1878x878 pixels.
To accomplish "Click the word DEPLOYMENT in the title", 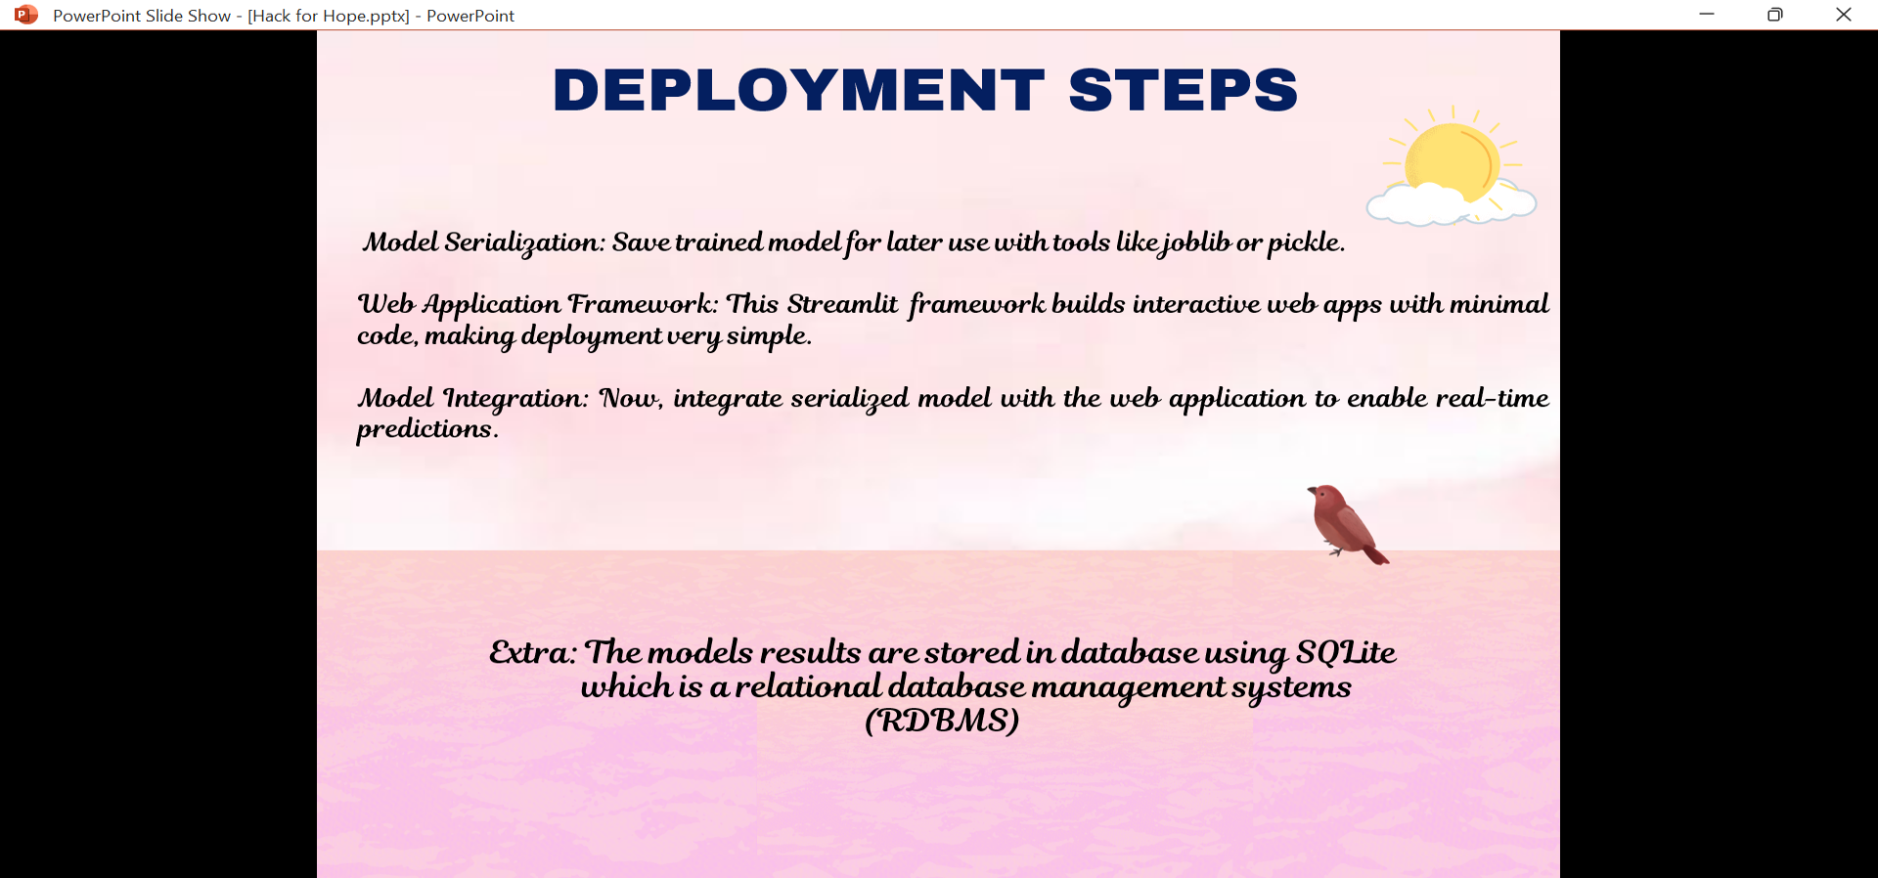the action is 799,90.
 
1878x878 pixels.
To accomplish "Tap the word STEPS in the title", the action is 1184,90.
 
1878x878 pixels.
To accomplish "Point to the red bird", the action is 1347,524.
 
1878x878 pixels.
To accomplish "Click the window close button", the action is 1844,15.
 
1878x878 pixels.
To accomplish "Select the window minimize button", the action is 1707,15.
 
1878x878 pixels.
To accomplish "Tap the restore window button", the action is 1775,15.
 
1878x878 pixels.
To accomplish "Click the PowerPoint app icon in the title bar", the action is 26,15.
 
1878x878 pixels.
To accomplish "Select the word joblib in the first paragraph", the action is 1194,243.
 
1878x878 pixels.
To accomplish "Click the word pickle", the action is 1306,243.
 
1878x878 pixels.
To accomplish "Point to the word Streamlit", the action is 842,304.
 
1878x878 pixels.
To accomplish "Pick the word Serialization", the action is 524,242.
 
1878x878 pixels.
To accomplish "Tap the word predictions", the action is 426,430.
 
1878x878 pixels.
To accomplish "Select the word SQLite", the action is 1346,652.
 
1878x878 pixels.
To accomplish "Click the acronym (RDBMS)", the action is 942,721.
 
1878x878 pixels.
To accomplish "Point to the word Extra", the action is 532,652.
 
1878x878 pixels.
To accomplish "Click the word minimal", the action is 1498,304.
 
